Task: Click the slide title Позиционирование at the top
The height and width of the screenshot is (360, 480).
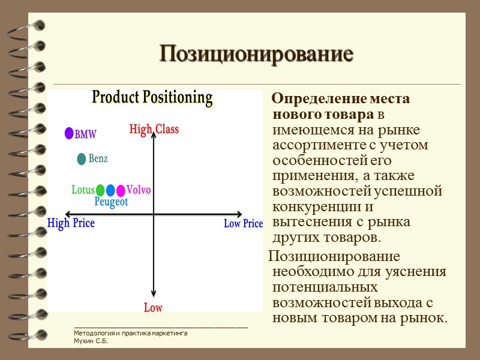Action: [256, 55]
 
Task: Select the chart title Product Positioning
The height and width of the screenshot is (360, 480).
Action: [152, 98]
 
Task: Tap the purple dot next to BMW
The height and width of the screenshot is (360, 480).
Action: [69, 134]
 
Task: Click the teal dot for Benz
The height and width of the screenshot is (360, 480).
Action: [82, 159]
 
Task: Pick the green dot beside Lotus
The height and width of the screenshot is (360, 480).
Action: [100, 191]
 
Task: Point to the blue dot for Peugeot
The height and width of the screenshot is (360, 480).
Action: [110, 191]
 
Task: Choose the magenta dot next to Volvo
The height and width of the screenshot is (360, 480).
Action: [121, 191]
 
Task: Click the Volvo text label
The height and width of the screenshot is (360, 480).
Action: [139, 190]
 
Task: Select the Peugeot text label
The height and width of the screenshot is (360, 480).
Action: [111, 202]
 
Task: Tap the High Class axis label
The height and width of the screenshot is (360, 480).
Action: [154, 129]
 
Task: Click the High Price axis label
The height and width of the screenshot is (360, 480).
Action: [71, 224]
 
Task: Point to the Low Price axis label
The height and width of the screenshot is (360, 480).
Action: [243, 224]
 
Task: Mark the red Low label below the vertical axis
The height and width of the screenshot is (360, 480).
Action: [153, 308]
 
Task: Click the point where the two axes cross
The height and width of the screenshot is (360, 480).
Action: [154, 214]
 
